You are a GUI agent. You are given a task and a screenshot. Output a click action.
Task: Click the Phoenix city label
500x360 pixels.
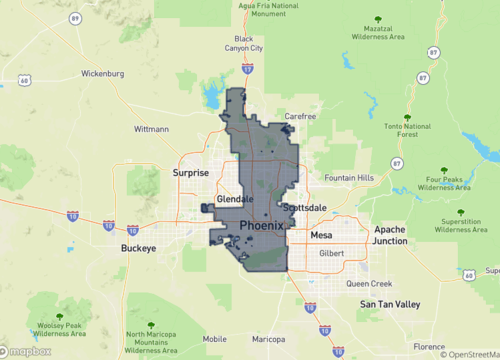[x=261, y=227]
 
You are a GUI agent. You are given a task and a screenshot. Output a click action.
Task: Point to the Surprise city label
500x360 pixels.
[x=190, y=172]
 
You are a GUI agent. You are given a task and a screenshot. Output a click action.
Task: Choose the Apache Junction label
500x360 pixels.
[x=390, y=235]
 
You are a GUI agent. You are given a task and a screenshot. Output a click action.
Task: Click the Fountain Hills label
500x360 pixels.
[x=349, y=178]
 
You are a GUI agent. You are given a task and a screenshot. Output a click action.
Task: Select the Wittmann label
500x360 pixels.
[x=152, y=129]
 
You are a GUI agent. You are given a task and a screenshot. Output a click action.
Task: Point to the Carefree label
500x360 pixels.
[x=300, y=116]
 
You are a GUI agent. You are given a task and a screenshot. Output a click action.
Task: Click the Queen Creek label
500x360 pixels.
[x=368, y=283]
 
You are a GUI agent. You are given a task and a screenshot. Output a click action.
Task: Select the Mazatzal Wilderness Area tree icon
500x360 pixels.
[x=376, y=20]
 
